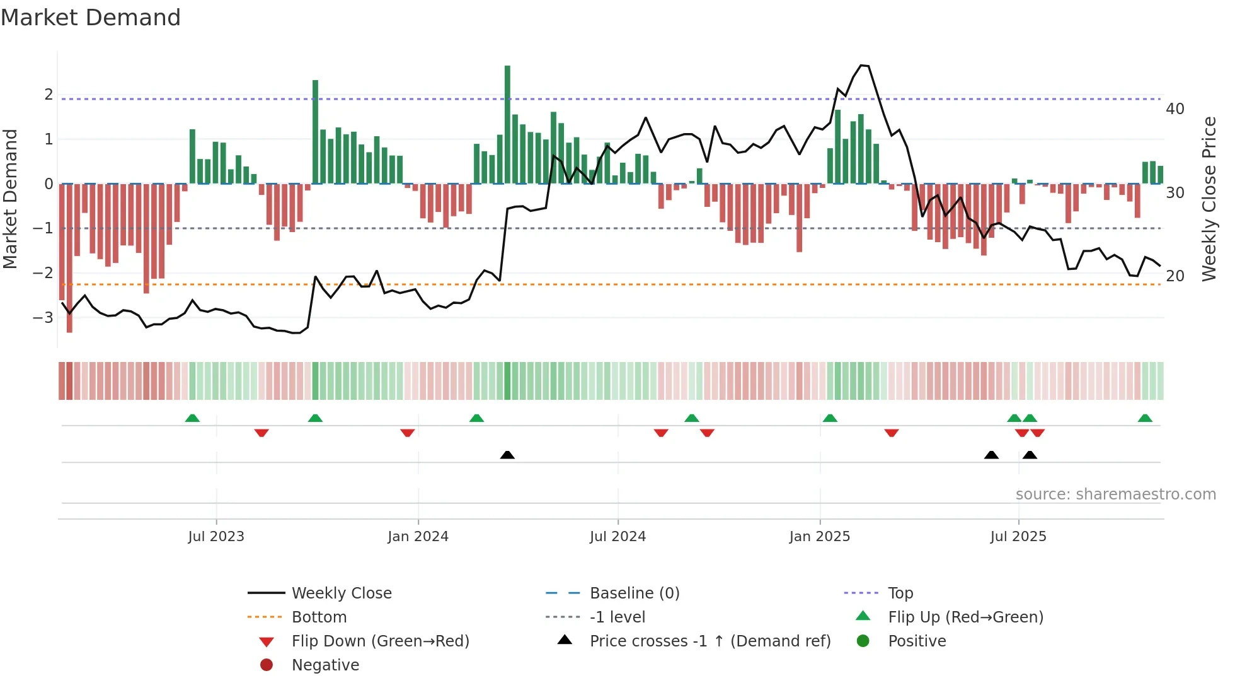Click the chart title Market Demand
coord(91,18)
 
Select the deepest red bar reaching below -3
coord(69,259)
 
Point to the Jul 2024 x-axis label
coord(617,537)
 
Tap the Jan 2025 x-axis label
coord(819,537)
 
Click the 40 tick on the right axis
coord(1175,109)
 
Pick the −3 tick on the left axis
coord(43,317)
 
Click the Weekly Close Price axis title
coord(1209,199)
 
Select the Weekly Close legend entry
coord(341,593)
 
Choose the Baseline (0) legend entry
coord(634,593)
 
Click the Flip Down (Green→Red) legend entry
coord(380,641)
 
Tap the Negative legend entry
coord(325,665)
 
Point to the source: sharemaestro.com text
coord(1115,494)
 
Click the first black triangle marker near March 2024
coord(507,455)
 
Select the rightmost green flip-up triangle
coord(1145,418)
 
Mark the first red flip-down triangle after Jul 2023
coord(261,433)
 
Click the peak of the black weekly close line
coord(863,65)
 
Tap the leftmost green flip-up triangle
coord(192,418)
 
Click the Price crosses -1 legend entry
coord(709,641)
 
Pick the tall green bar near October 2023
coord(315,132)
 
